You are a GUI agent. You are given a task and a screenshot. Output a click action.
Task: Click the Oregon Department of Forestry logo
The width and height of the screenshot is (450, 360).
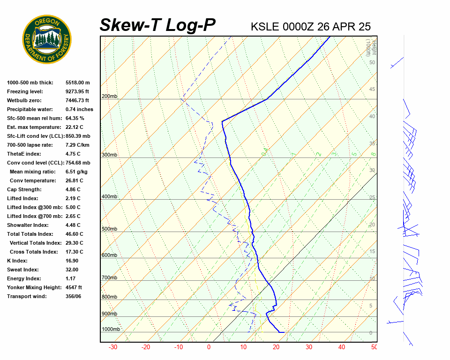pos(47,39)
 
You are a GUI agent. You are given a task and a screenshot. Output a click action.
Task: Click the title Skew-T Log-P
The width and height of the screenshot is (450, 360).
pos(157,25)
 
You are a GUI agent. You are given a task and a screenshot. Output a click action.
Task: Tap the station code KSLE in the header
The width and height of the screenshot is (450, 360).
pos(265,27)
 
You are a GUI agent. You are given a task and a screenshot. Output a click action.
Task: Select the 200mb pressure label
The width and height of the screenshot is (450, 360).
pos(109,97)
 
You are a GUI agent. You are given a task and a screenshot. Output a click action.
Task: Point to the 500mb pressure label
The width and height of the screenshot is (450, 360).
pos(109,229)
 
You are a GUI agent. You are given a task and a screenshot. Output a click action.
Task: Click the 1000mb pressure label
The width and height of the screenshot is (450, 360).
pos(111,330)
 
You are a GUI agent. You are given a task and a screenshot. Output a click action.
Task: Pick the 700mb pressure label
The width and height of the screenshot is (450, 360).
pos(109,278)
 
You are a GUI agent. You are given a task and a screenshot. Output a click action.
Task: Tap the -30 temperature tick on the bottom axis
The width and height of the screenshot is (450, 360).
pos(113,347)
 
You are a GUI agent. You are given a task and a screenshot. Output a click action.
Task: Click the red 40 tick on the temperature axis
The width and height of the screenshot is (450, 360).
pos(341,347)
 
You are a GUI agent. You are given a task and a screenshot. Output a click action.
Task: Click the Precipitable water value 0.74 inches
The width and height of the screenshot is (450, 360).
pos(79,109)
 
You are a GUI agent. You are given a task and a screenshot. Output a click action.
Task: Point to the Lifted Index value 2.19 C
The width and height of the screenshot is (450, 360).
pos(73,198)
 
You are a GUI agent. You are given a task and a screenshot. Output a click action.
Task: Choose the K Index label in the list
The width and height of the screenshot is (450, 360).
pos(17,261)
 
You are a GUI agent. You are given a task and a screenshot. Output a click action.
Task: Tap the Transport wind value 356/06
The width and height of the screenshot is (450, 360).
pos(73,296)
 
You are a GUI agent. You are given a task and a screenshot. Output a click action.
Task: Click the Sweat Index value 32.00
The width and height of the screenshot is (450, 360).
pos(72,270)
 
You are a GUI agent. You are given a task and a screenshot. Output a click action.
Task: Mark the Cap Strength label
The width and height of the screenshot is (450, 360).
pos(24,189)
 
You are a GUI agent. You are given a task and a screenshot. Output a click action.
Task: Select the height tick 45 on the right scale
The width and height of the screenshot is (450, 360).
pos(372,90)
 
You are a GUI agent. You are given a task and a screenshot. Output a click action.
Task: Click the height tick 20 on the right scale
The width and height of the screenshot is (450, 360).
pos(372,225)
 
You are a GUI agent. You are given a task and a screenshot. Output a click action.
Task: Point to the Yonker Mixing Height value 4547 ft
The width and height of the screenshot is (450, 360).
pos(74,287)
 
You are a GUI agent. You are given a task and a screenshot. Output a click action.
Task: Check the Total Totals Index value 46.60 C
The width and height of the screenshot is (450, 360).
pos(74,234)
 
